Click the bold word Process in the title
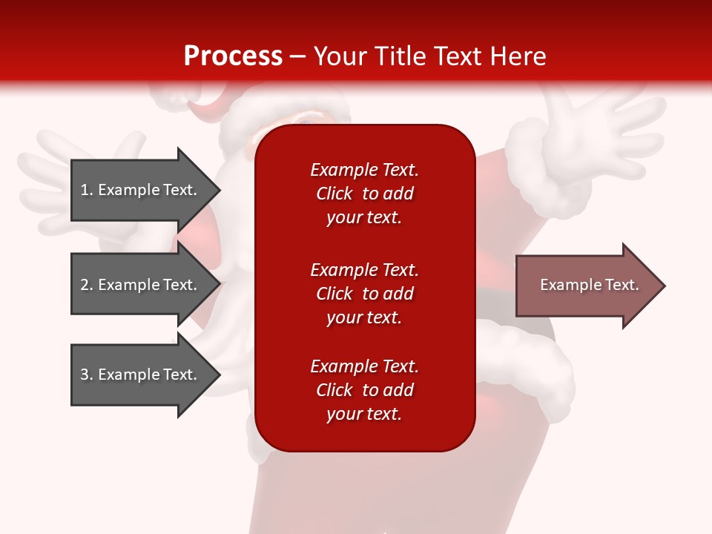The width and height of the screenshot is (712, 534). pyautogui.click(x=234, y=56)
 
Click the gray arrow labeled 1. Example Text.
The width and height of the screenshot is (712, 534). pyautogui.click(x=145, y=190)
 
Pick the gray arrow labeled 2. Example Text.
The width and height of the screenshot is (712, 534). pyautogui.click(x=145, y=284)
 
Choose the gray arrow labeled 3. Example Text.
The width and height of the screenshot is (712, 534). pyautogui.click(x=145, y=374)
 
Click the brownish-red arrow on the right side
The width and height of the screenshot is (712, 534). pyautogui.click(x=590, y=286)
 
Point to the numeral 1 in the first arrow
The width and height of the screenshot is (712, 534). pyautogui.click(x=85, y=190)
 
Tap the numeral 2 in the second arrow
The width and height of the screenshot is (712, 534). pyautogui.click(x=85, y=285)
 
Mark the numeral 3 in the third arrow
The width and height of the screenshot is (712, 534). pyautogui.click(x=85, y=374)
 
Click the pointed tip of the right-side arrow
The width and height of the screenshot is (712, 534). pyautogui.click(x=666, y=286)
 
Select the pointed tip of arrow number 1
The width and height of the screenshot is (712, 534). pyautogui.click(x=221, y=190)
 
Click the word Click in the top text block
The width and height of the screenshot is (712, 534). pyautogui.click(x=334, y=194)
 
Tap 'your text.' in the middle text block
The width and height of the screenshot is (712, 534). pyautogui.click(x=364, y=317)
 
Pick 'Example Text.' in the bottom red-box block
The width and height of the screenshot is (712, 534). pyautogui.click(x=365, y=366)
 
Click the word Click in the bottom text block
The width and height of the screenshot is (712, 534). pyautogui.click(x=334, y=389)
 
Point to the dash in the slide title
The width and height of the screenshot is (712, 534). pyautogui.click(x=298, y=57)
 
